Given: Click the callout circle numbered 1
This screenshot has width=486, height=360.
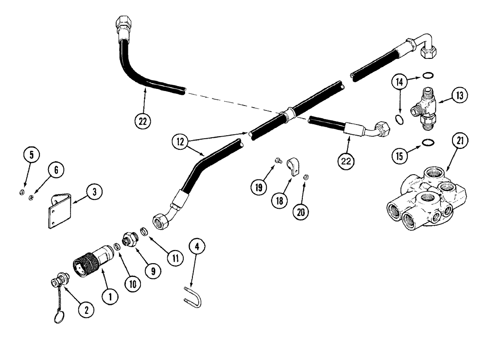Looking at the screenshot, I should pos(110,295).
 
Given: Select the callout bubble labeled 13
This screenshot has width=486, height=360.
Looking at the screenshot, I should pos(458,95).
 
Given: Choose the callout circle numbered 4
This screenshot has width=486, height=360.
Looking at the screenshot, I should pos(196,247).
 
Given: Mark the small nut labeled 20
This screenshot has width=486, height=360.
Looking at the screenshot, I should pos(306,177).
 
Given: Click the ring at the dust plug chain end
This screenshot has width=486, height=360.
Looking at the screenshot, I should pos(58,317).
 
